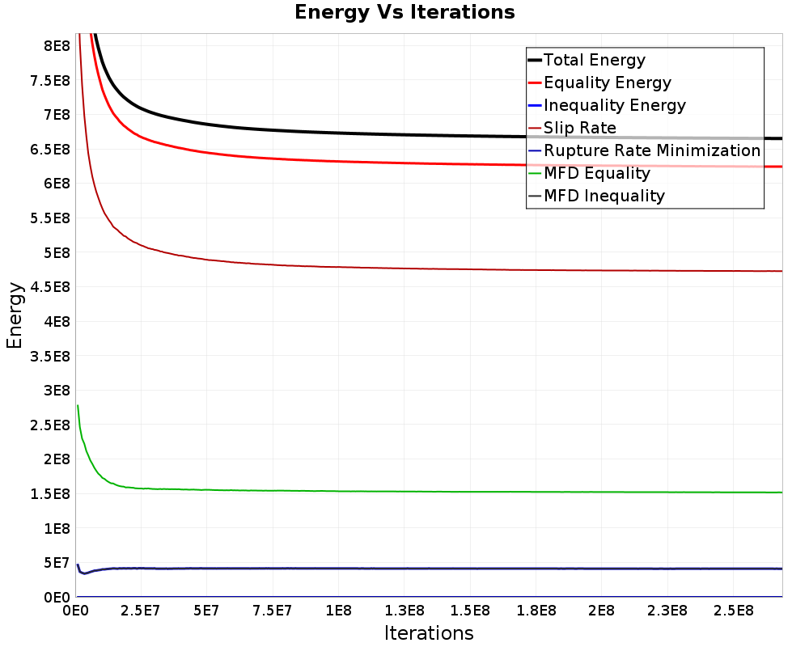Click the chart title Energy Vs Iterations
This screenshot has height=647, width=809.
404,12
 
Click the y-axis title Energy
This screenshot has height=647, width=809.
14,315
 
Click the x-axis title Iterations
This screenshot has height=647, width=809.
429,632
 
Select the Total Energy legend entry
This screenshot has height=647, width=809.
595,60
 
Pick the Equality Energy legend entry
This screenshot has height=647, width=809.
608,82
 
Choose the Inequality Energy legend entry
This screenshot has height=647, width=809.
615,105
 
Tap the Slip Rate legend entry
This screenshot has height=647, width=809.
580,128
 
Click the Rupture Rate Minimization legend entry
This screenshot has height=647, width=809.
652,150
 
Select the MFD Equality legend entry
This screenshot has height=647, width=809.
597,173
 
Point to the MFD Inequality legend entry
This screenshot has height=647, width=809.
604,196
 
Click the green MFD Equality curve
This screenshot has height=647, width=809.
404,491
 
